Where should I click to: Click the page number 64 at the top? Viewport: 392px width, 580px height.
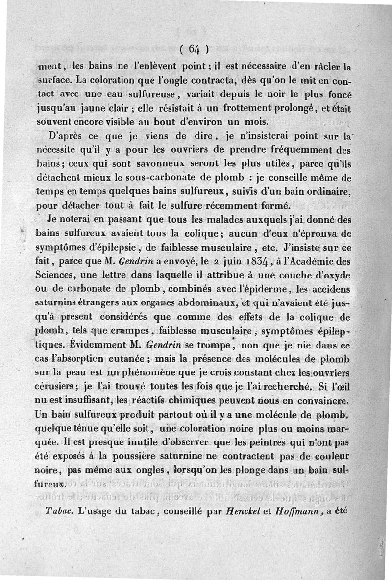(195, 48)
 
